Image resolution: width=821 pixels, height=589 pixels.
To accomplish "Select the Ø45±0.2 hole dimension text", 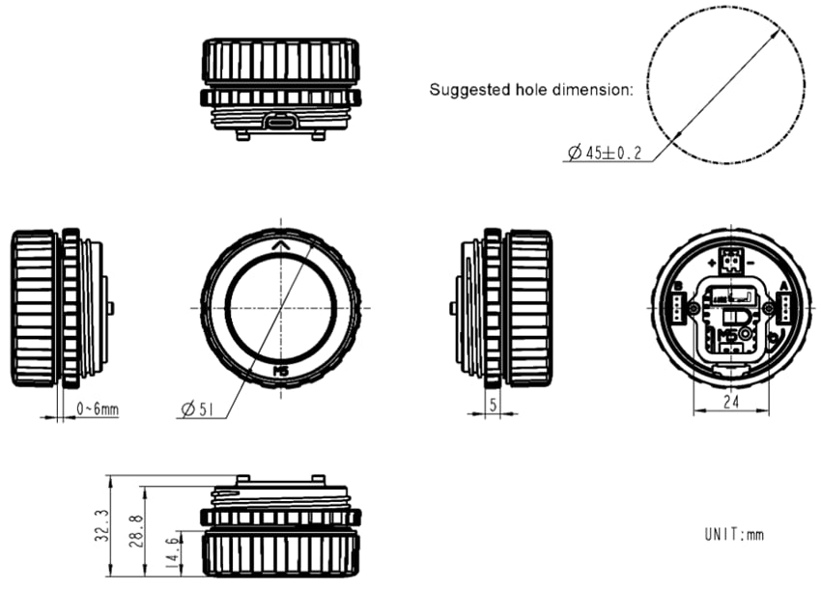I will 606,153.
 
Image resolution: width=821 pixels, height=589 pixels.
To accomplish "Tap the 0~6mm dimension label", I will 97,410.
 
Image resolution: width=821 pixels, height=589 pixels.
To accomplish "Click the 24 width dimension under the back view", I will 731,398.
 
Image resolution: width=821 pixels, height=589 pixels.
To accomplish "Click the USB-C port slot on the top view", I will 281,122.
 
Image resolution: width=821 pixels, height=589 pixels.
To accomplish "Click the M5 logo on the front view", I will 281,370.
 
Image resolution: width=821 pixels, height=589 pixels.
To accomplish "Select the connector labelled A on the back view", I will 784,307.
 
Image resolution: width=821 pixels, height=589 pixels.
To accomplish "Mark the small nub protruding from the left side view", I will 111,308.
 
